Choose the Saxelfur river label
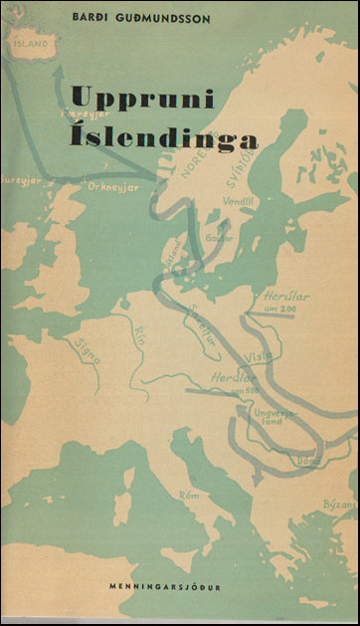coord(203,316)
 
